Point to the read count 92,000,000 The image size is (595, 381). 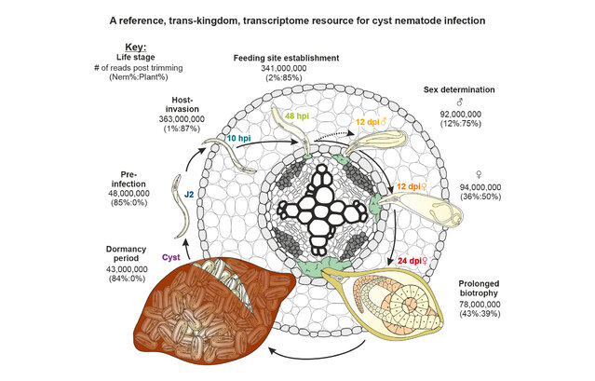[483, 117]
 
